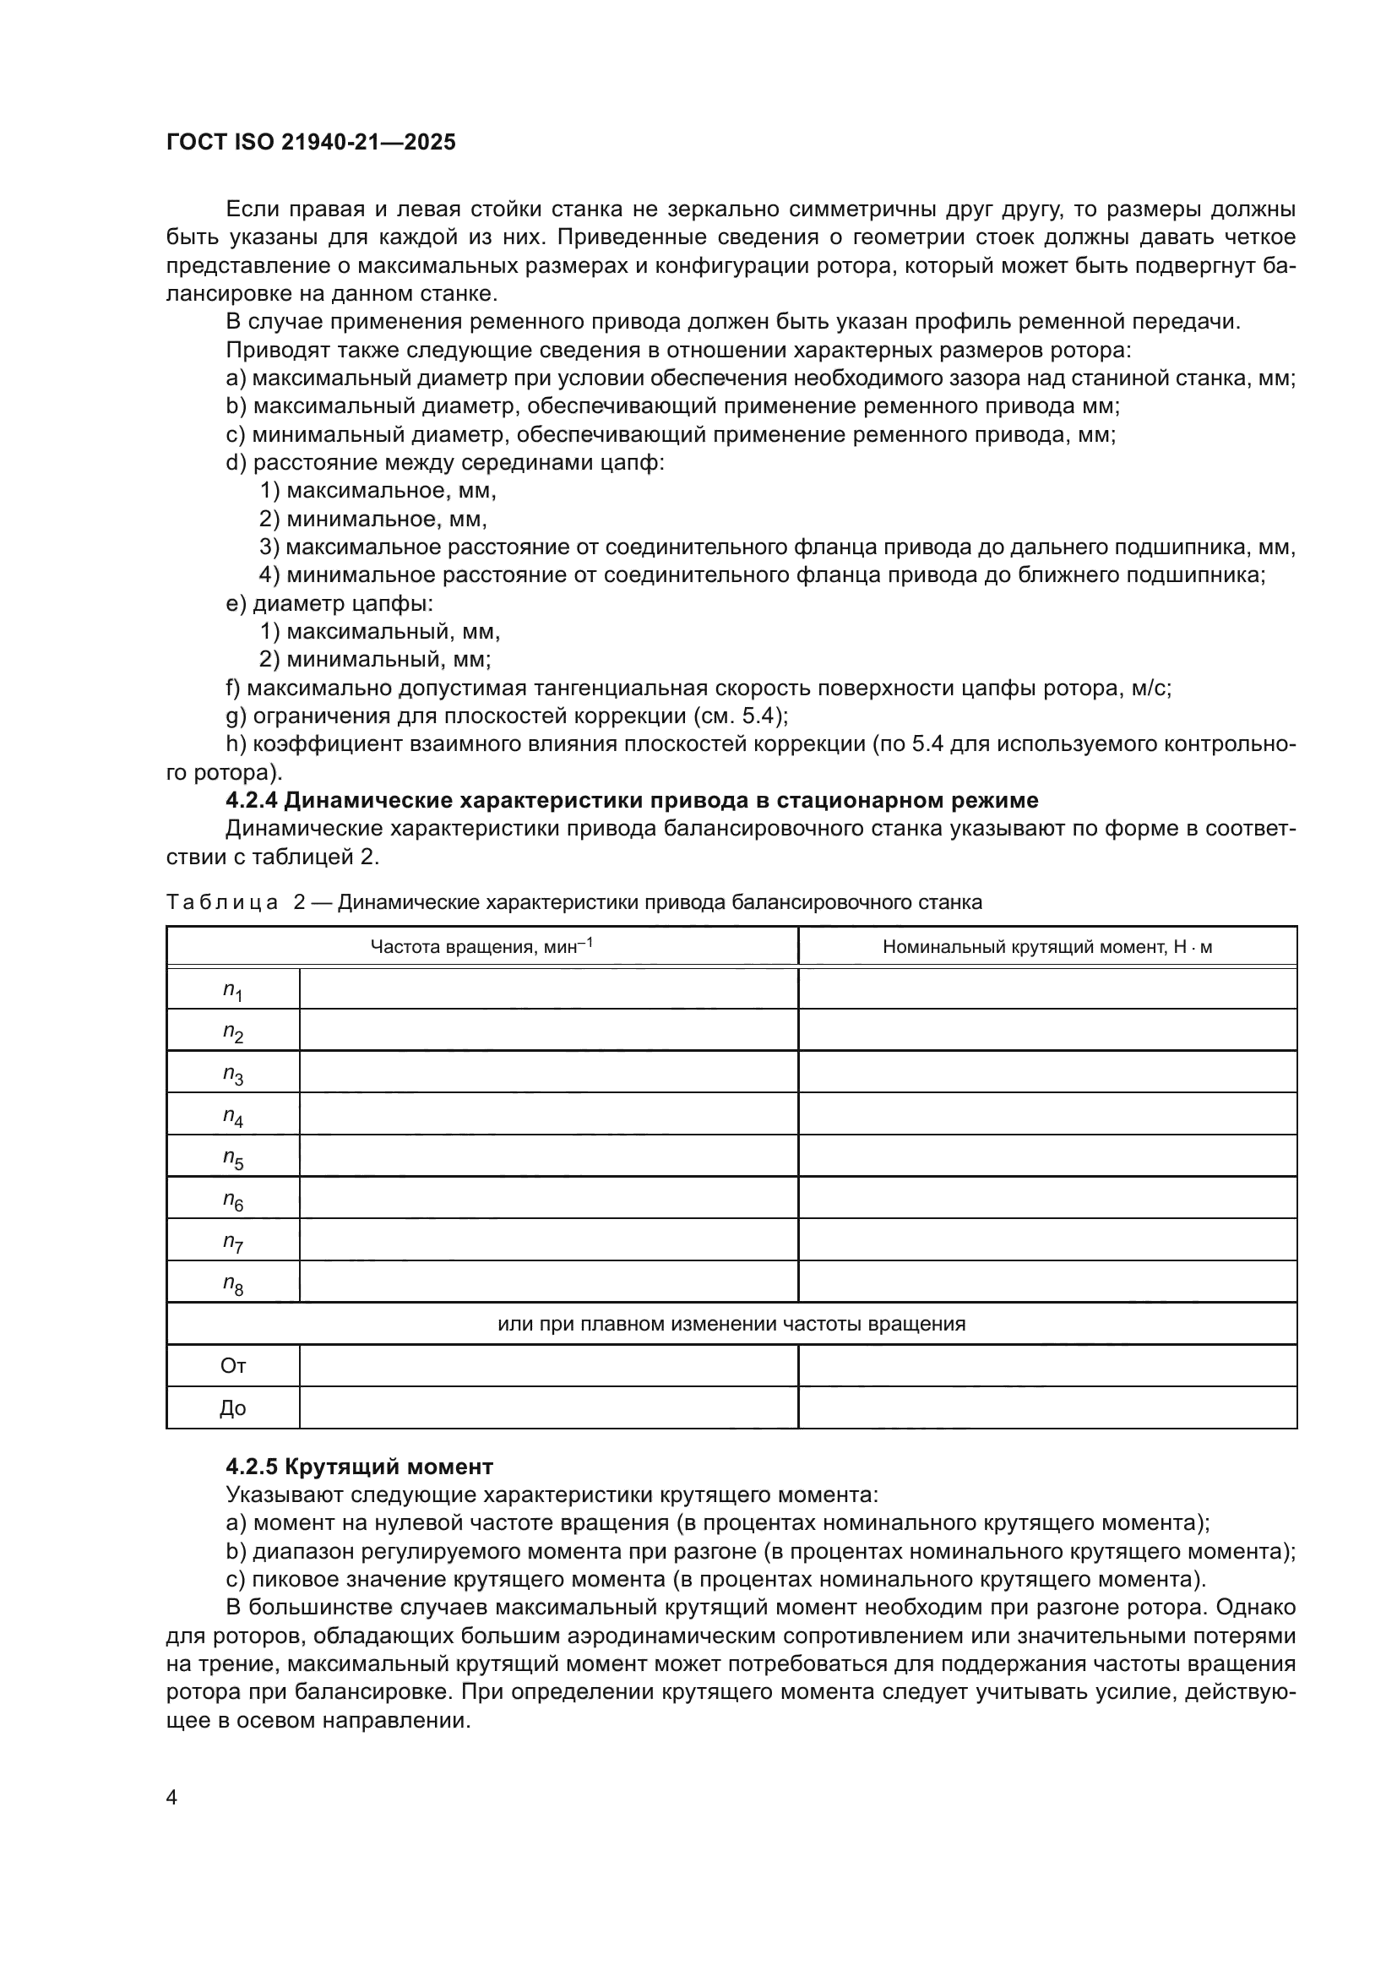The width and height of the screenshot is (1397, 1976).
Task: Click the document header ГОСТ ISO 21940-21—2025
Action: point(311,142)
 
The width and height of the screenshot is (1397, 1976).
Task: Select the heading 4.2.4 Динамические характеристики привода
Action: point(632,800)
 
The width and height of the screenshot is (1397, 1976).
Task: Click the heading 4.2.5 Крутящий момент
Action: point(360,1467)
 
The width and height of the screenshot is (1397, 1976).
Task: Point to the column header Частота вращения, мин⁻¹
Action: point(481,947)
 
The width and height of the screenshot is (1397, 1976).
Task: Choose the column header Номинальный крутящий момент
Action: point(1046,948)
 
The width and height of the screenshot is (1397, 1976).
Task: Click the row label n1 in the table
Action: point(232,990)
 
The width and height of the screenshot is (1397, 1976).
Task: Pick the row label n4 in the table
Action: point(232,1116)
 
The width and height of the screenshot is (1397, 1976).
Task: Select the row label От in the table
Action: point(232,1366)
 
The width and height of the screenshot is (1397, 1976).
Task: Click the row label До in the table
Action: point(232,1408)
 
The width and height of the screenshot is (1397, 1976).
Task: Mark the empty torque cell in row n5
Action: point(1046,1157)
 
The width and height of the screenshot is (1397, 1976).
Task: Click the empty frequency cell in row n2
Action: point(549,1030)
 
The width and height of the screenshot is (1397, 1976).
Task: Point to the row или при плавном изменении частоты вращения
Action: point(731,1324)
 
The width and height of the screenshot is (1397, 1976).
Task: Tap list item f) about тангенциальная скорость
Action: point(698,688)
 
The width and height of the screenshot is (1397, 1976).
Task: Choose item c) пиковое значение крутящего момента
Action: point(715,1579)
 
